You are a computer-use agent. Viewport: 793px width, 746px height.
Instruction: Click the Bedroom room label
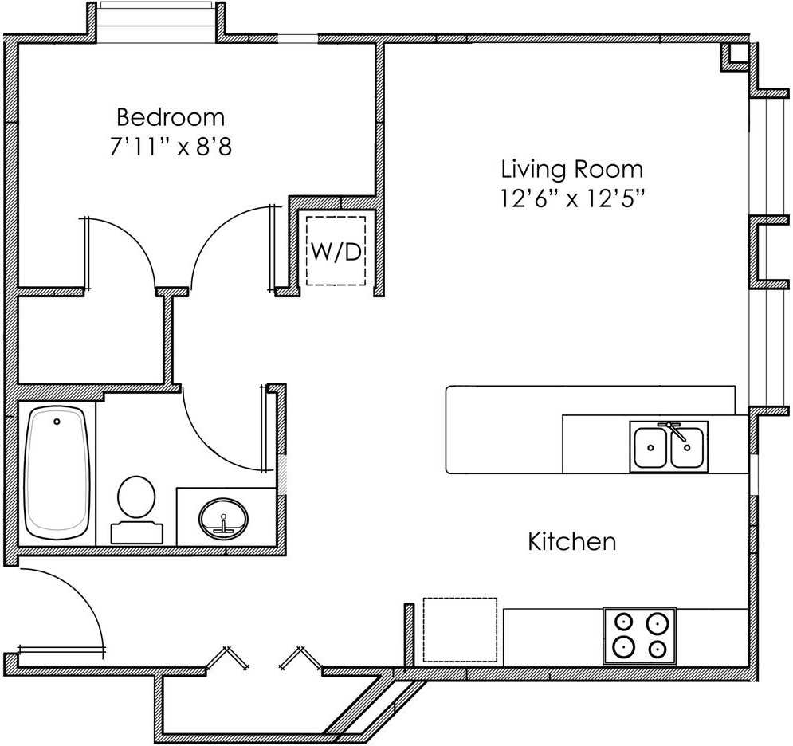(171, 117)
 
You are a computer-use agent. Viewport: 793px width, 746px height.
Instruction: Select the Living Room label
(571, 169)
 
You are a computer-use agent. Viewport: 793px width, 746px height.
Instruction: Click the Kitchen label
(571, 542)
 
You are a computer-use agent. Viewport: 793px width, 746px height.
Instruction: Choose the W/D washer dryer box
(336, 251)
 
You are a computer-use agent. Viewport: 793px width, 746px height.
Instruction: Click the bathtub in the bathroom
(56, 473)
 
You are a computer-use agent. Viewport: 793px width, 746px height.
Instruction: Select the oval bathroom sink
(223, 518)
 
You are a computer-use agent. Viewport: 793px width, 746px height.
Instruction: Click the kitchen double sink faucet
(674, 431)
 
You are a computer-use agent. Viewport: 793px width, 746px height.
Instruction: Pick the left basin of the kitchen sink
(650, 447)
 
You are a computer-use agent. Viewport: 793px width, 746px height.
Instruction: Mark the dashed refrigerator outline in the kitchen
(460, 629)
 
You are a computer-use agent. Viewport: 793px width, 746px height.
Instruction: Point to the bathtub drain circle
(57, 420)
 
